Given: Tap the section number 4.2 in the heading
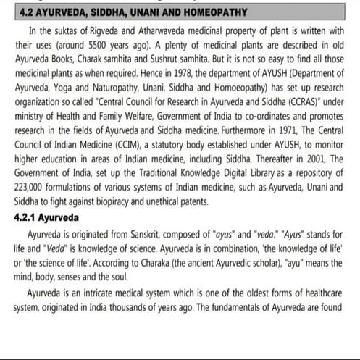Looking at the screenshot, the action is coord(23,12).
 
